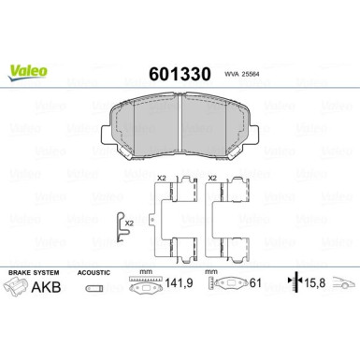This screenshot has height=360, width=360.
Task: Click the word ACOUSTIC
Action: pyautogui.click(x=95, y=273)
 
